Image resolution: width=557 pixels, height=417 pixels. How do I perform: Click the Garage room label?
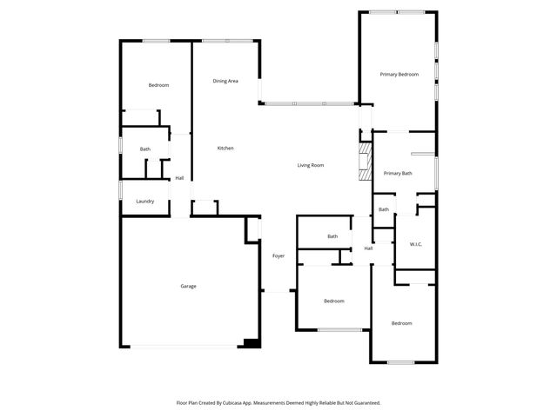(188, 286)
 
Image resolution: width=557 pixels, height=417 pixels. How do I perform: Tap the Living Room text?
(311, 165)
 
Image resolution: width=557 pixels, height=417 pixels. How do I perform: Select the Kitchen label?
(225, 149)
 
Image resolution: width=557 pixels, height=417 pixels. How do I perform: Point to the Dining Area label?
(225, 81)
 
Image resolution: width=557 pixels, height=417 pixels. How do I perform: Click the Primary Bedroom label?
(399, 75)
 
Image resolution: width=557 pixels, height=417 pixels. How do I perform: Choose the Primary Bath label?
(398, 174)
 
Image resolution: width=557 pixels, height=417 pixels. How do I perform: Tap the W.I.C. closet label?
(416, 244)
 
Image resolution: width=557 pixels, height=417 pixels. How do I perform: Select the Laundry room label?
(145, 202)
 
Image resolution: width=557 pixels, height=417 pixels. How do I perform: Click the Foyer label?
(278, 255)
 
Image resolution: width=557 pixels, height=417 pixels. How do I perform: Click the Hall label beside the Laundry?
(179, 178)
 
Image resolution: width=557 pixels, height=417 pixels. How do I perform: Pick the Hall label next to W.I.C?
(369, 248)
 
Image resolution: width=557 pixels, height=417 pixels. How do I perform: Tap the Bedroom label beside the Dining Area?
(158, 85)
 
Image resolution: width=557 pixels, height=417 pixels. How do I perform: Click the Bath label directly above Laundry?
(145, 149)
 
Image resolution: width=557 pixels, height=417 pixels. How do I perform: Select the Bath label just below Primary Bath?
(384, 209)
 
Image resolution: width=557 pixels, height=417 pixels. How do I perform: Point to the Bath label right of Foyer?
(332, 236)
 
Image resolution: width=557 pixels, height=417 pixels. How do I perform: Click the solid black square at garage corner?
(252, 343)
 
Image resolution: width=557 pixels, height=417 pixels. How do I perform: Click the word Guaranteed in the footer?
(366, 403)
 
